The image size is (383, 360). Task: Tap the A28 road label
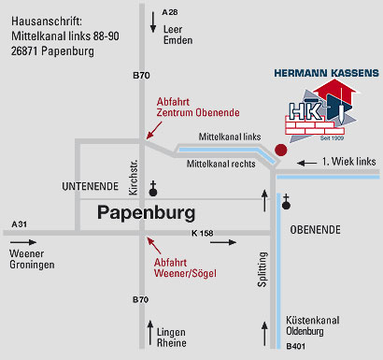169,11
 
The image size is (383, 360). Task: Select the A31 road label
20,223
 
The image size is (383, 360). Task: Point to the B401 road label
296,347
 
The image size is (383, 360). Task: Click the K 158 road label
204,232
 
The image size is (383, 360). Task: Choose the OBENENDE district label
320,229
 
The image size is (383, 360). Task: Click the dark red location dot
281,149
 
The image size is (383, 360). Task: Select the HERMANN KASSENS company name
326,71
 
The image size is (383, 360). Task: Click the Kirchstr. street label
133,177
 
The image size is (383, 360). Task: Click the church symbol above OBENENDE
287,201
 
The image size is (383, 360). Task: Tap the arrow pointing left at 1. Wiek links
306,163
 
